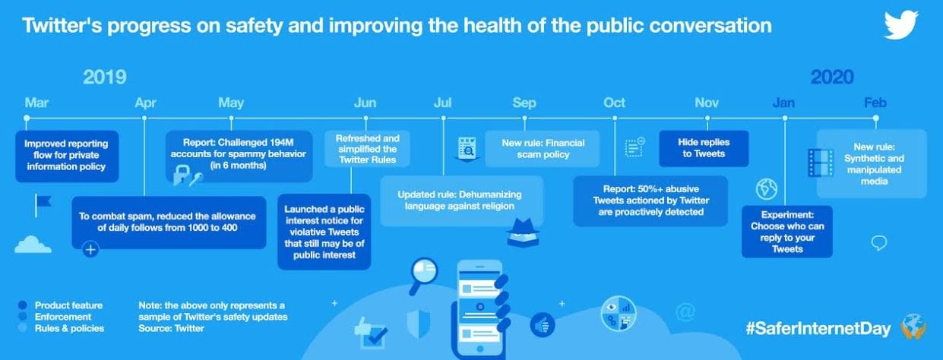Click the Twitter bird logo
pos(901,25)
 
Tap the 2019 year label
pos(104,77)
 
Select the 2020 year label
pos(832,77)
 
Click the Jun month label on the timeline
pos(365,103)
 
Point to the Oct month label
pos(614,103)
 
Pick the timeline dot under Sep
pos(524,118)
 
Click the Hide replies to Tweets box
pos(704,148)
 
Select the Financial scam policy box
pos(543,148)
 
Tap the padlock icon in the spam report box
pos(181,175)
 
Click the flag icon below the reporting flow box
pos(43,205)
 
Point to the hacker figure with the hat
pos(524,232)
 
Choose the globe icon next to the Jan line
pos(766,189)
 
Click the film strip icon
pos(821,163)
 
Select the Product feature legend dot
pos(23,305)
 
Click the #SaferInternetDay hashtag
pos(818,328)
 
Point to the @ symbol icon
pos(685,311)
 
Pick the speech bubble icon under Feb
pos(879,243)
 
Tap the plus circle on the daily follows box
pos(90,250)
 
